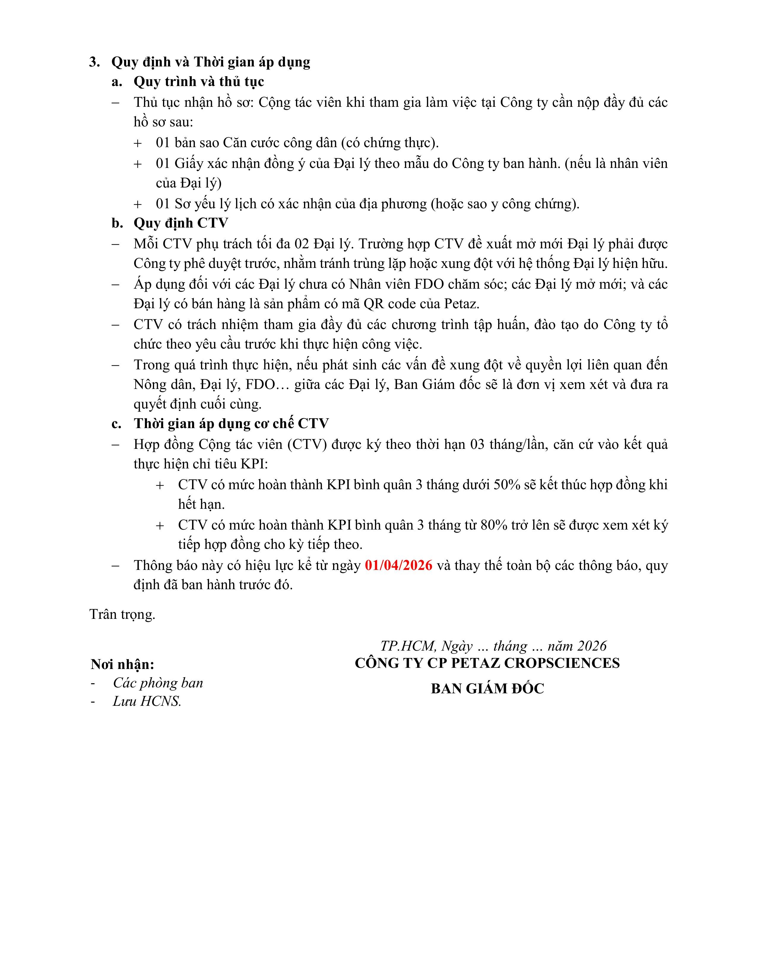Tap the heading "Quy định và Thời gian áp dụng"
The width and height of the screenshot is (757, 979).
click(210, 62)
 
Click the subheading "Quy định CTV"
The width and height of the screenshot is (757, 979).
click(181, 223)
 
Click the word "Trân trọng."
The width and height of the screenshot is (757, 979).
click(122, 614)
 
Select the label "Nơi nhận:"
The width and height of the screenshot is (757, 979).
click(122, 664)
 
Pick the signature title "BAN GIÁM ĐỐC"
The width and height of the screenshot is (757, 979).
click(487, 689)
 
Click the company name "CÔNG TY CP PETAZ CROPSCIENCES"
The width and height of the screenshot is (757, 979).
click(487, 663)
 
